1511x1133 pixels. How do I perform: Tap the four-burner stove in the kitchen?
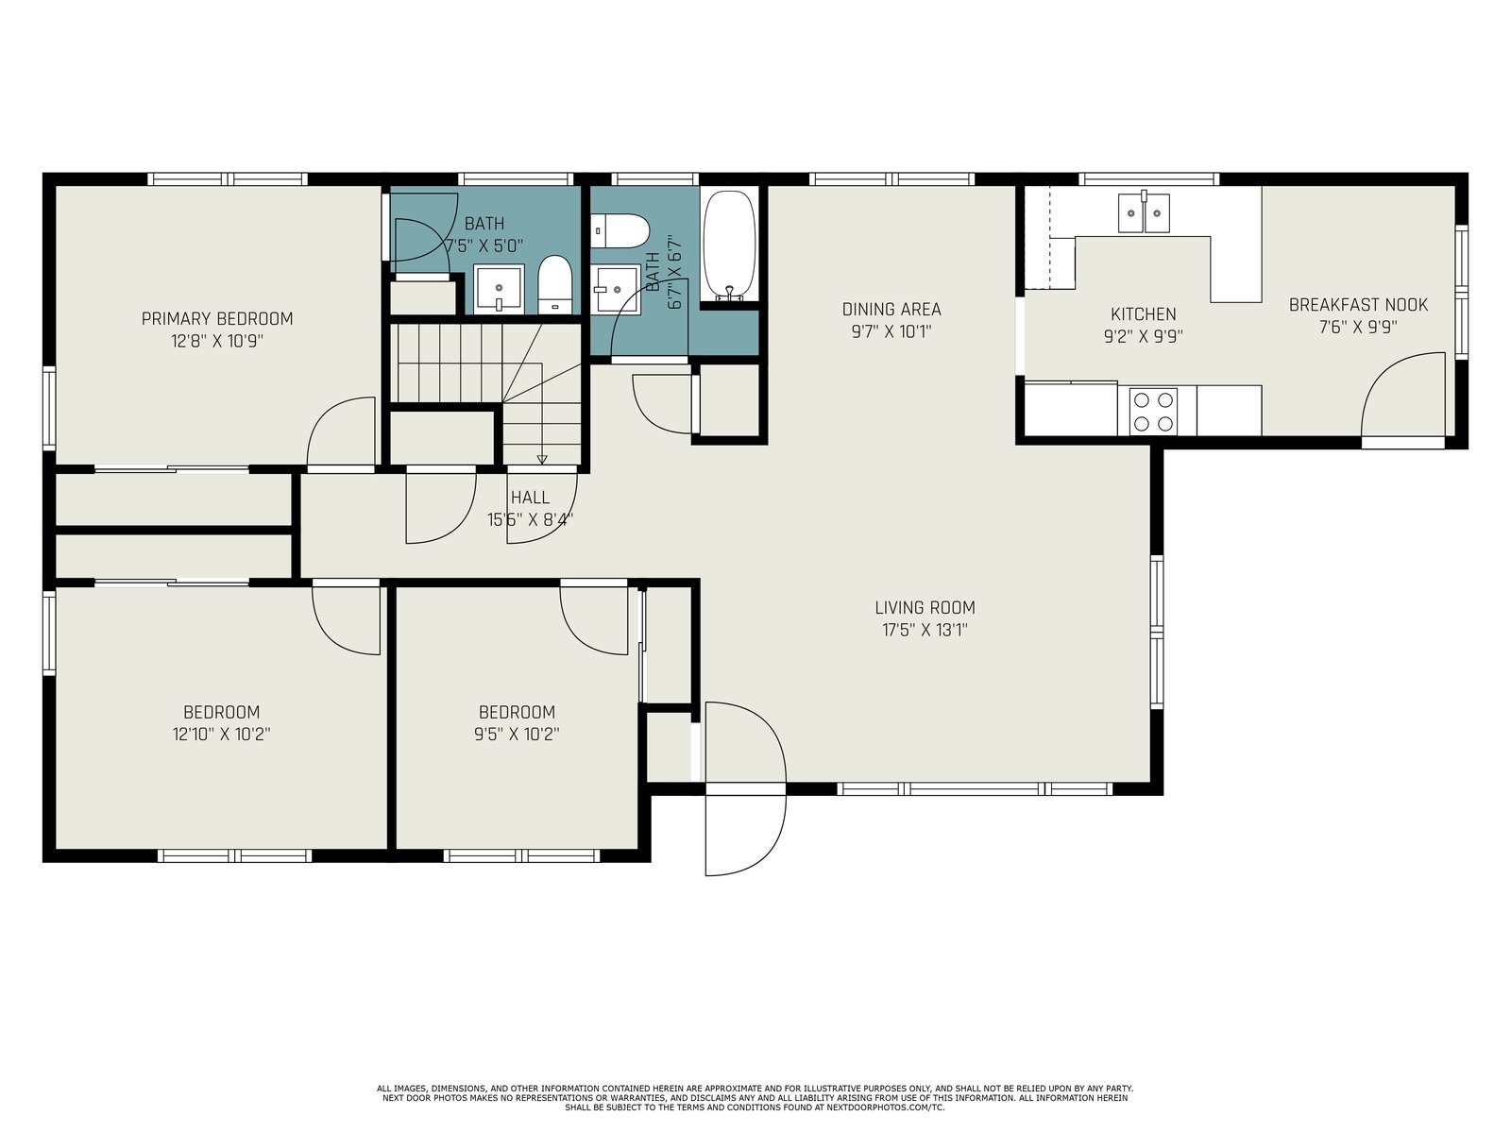coord(1153,412)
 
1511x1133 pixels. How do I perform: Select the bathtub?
coord(729,245)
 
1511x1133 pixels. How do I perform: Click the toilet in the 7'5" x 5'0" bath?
coord(554,285)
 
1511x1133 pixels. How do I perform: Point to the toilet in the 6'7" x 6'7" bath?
coord(620,230)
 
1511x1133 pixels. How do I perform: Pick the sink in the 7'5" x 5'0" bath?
coord(499,289)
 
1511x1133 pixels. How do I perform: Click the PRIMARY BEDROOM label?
coord(217,318)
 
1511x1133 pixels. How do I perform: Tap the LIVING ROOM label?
coord(925,607)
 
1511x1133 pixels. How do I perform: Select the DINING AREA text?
coord(891,309)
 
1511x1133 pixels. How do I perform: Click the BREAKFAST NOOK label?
coord(1358,304)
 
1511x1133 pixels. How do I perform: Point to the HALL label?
coord(530,497)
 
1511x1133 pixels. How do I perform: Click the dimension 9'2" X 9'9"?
coord(1144,336)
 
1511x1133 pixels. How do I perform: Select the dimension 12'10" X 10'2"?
coord(221,734)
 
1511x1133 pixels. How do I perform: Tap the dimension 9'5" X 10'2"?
coord(517,734)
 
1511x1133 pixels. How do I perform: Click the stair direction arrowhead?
coord(542,460)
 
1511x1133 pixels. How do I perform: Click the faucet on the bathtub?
coord(729,293)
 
